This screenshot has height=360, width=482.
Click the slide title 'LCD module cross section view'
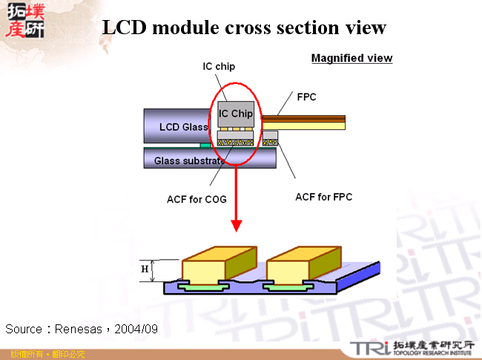(x=244, y=27)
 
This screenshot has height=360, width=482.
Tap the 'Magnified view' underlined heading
(x=351, y=58)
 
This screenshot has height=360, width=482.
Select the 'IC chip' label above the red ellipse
(x=219, y=66)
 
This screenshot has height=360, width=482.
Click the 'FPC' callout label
(x=307, y=97)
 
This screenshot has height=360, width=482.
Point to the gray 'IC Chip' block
(x=236, y=114)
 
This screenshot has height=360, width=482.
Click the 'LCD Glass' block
(x=178, y=126)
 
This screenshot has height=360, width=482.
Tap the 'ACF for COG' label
(x=197, y=199)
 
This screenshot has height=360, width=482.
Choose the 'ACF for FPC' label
(x=323, y=197)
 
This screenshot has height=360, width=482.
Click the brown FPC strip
(x=303, y=118)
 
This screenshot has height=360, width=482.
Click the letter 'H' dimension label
(x=145, y=269)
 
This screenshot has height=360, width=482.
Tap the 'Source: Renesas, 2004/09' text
(x=82, y=328)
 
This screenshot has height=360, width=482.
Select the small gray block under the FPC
(x=270, y=137)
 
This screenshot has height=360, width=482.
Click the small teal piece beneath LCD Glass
(x=204, y=145)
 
